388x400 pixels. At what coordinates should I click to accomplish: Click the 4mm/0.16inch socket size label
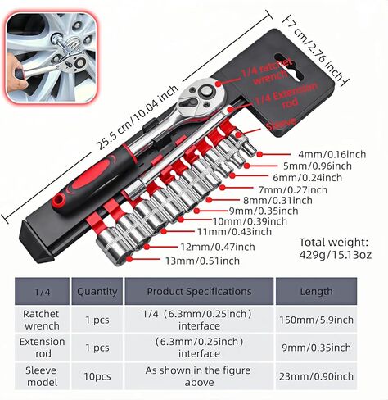point(332,154)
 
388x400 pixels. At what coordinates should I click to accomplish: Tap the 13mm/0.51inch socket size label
point(202,261)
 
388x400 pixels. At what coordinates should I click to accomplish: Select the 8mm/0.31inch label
point(277,201)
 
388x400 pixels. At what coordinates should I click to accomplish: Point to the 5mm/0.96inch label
point(318,166)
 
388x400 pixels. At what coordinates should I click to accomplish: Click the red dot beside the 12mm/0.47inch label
point(147,247)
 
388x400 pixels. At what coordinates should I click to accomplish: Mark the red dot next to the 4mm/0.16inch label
point(259,154)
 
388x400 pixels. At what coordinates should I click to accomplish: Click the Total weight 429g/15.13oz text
point(336,248)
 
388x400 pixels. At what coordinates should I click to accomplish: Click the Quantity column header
point(97,292)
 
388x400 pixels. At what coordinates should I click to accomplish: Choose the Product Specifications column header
point(199,291)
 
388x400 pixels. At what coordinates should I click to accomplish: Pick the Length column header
point(317,292)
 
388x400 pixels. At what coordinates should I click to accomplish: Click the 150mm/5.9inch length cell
point(316,320)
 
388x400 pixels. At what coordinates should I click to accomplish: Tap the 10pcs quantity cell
point(97,377)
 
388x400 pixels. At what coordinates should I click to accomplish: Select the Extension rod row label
point(43,348)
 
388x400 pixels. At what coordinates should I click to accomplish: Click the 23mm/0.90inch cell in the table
point(316,376)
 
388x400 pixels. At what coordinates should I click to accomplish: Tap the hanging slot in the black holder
point(289,67)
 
